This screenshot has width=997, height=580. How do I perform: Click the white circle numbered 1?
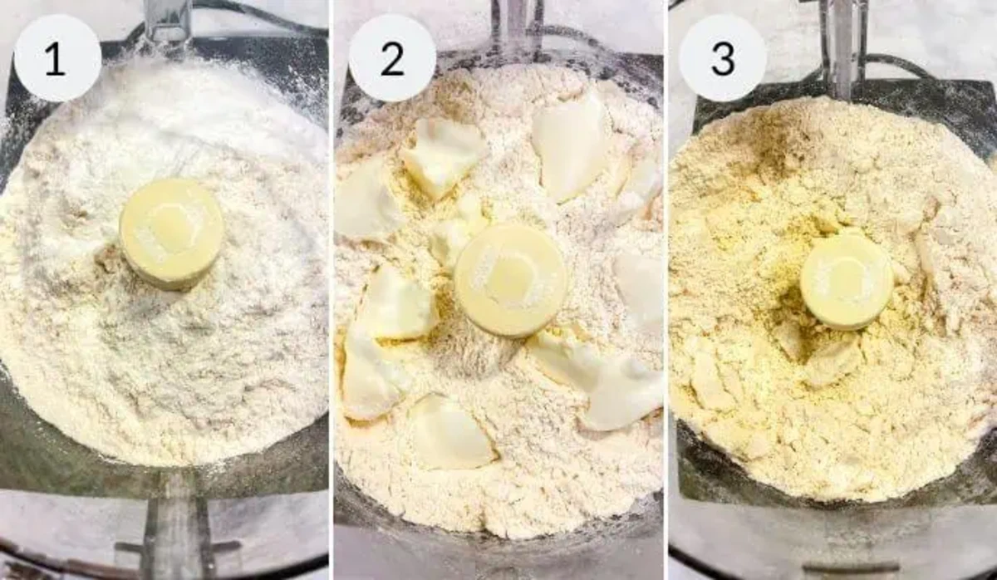point(57,58)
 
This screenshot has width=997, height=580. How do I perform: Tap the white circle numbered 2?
point(391,58)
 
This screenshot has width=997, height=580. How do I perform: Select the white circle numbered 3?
point(722,58)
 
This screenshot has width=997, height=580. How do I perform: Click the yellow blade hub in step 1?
point(171,233)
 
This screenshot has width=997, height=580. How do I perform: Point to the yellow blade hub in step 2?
point(510,279)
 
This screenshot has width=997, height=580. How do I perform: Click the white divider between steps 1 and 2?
point(331,290)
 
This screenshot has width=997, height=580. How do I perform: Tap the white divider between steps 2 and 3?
point(665,290)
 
